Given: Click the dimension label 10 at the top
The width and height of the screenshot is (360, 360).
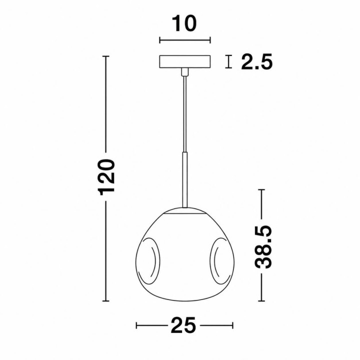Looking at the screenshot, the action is [184, 23].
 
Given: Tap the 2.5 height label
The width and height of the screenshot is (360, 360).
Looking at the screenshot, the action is [256, 61].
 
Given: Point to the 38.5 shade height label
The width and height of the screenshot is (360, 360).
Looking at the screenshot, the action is [263, 246].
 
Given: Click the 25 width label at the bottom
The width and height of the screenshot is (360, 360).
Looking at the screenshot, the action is [183, 325].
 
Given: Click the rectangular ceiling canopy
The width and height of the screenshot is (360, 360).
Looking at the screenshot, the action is [185, 62].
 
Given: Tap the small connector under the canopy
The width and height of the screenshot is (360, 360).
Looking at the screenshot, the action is [184, 72].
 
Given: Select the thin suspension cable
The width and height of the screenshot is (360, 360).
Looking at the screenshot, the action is [185, 114].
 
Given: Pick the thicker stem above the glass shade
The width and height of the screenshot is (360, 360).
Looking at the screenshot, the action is [185, 180].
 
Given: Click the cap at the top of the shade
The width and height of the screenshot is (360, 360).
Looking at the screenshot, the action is [185, 211].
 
